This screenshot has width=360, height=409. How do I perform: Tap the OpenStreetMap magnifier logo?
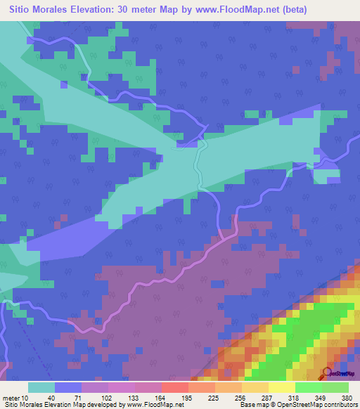pos(327,372)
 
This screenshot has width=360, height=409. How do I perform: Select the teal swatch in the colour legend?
pos(41,387)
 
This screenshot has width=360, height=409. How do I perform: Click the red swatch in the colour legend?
pos(174,387)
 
